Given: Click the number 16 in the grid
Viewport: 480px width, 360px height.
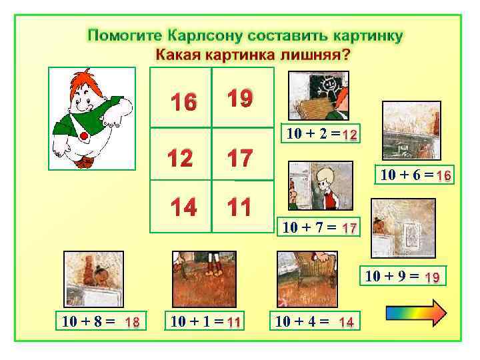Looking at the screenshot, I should pos(183,103).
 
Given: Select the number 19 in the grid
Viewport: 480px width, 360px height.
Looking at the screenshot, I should pos(239,99).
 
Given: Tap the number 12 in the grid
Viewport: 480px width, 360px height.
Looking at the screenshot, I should pos(181,159).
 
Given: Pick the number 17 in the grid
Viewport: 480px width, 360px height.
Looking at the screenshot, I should pos(239,158).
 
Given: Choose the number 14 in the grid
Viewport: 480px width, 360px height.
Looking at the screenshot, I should pos(183,207).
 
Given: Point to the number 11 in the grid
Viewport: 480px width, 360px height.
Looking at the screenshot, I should pos(238,207).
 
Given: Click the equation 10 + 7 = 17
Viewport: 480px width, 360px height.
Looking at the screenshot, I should pos(320,228).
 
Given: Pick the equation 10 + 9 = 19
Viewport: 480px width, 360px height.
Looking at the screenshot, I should pos(401,275).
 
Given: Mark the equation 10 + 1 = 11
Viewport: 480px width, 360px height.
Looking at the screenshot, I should pos(205,322).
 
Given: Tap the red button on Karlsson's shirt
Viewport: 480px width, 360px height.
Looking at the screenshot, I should pos(85,137).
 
